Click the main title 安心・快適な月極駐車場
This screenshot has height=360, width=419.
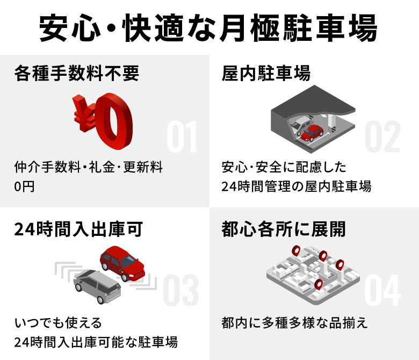209,28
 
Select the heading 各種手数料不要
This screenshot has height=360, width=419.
77,73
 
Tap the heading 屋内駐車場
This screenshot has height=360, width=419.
266,73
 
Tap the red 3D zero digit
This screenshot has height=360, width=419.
114,121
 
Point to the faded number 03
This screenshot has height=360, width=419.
180,290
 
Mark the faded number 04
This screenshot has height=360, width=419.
382,290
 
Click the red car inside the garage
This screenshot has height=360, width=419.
312,132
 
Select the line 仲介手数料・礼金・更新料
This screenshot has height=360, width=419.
89,167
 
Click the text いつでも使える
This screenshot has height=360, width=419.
58,323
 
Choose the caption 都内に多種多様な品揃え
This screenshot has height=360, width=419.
294,323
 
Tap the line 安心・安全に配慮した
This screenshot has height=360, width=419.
285,167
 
